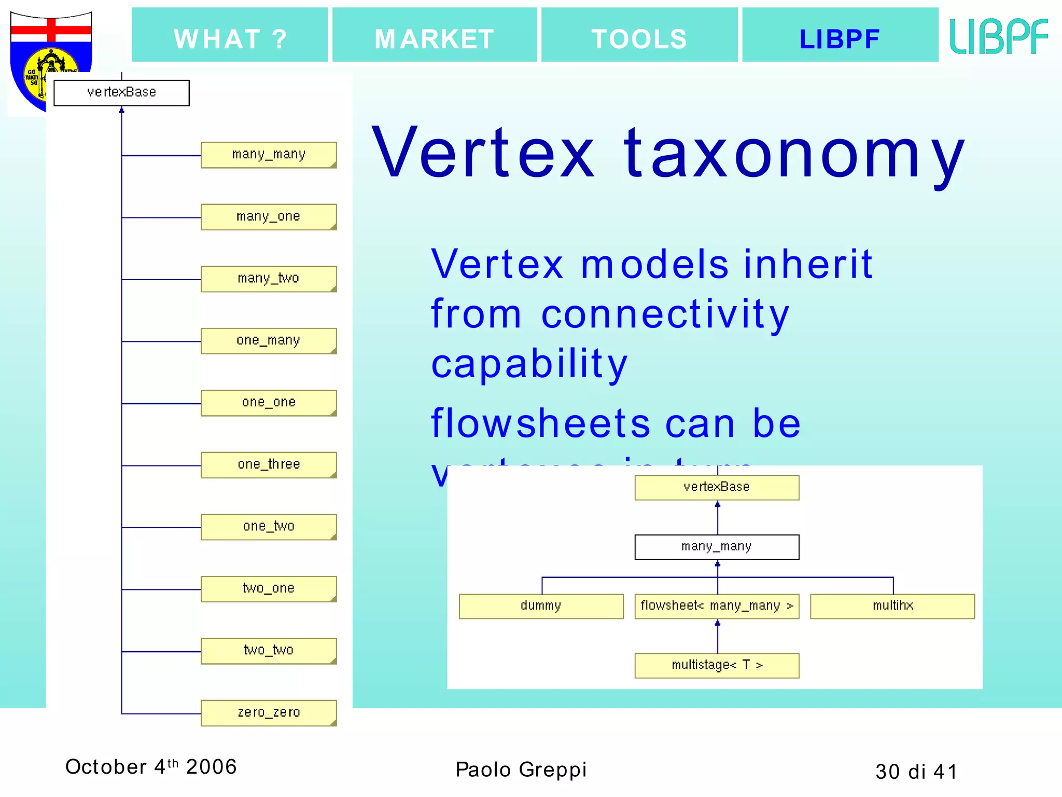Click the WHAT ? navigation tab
click(230, 35)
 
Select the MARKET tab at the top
click(434, 35)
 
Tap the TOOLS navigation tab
click(639, 35)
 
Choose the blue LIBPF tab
click(840, 35)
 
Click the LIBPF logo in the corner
click(999, 36)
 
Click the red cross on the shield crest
click(51, 30)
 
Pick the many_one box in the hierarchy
click(269, 217)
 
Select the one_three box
click(269, 465)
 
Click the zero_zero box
click(269, 713)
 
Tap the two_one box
click(269, 589)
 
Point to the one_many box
click(269, 341)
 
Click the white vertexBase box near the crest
click(121, 93)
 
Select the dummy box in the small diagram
click(541, 606)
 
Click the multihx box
click(892, 606)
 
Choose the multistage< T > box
click(717, 666)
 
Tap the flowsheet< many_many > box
click(717, 606)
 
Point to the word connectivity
click(665, 314)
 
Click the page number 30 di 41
click(916, 772)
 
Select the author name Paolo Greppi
click(521, 769)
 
